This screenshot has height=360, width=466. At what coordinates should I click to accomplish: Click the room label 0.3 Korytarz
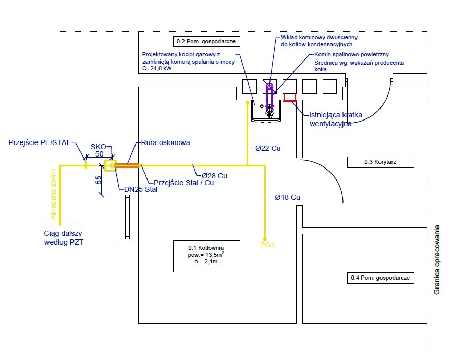(381, 162)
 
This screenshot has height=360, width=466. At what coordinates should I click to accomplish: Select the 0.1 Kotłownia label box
(206, 256)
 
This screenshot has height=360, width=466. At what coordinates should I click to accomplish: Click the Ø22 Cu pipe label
(268, 148)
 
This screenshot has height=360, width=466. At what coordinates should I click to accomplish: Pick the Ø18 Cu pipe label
(288, 197)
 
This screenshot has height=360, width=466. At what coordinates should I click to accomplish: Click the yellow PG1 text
(266, 244)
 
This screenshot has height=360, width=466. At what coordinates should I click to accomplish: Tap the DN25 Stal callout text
(138, 189)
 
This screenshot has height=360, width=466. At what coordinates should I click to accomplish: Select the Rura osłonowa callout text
(166, 142)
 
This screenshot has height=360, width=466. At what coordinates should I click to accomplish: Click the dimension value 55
(98, 181)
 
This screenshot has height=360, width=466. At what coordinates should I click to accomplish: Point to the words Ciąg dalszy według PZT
(64, 238)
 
